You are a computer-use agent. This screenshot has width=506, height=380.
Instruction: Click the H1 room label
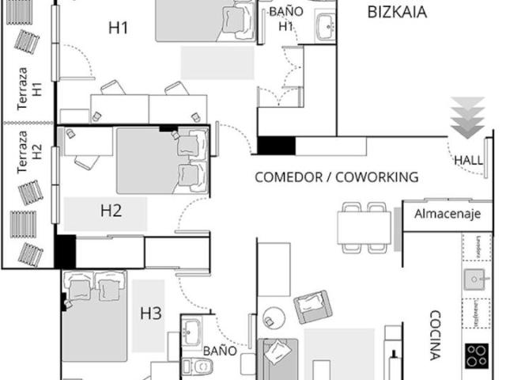pyautogui.click(x=119, y=28)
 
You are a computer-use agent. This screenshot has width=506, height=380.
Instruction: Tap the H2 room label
pyautogui.click(x=111, y=211)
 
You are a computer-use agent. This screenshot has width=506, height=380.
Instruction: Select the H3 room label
pyautogui.click(x=151, y=313)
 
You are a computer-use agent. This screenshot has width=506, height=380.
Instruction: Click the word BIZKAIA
pyautogui.click(x=398, y=12)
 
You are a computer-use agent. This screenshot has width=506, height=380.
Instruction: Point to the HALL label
pyautogui.click(x=469, y=160)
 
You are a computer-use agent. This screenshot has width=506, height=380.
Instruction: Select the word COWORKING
pyautogui.click(x=377, y=177)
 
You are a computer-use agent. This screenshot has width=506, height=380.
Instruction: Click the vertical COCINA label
pyautogui.click(x=434, y=335)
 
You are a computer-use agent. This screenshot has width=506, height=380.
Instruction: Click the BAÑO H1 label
pyautogui.click(x=285, y=18)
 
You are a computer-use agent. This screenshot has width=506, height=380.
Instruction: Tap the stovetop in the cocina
pyautogui.click(x=476, y=355)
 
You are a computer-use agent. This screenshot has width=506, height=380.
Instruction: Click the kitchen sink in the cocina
pyautogui.click(x=475, y=279)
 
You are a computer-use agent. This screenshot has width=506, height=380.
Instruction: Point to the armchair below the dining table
pyautogui.click(x=312, y=306)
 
